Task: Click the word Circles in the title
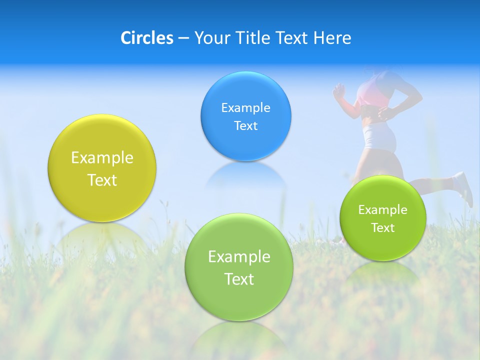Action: click(146, 38)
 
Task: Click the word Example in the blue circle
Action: click(245, 108)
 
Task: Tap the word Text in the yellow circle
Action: click(102, 180)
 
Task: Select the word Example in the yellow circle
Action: click(102, 158)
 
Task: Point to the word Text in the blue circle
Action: click(245, 126)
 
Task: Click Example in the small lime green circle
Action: click(382, 210)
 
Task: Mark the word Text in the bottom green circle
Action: click(239, 279)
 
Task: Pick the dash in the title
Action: click(183, 38)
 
